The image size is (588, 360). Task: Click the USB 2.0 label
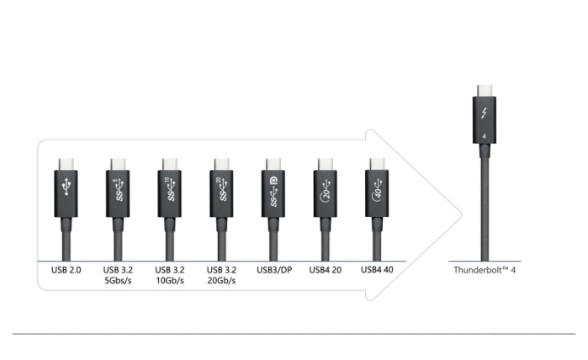point(66,270)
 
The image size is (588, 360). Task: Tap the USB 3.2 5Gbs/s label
point(118,275)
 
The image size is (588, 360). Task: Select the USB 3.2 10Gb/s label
point(169,275)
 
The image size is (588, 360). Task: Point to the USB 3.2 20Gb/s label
point(221,275)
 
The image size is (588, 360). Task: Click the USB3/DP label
point(274,270)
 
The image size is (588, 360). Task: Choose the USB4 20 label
point(326,270)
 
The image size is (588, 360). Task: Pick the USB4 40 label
point(377,270)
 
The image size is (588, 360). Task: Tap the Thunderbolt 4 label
point(485,270)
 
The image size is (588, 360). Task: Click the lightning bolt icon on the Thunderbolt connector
point(485,113)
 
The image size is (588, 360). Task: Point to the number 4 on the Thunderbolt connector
point(485,136)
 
